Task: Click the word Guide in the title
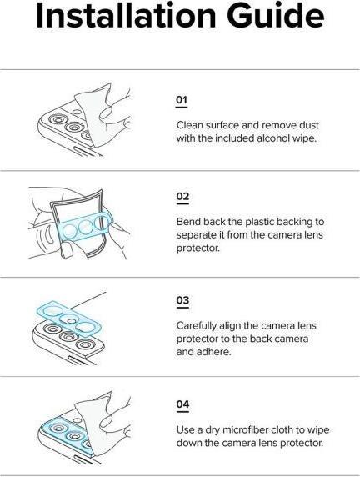274,16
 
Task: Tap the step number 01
182,100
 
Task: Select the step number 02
182,197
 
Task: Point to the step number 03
182,299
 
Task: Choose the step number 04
182,404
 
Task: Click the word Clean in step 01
190,124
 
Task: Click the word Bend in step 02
189,222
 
